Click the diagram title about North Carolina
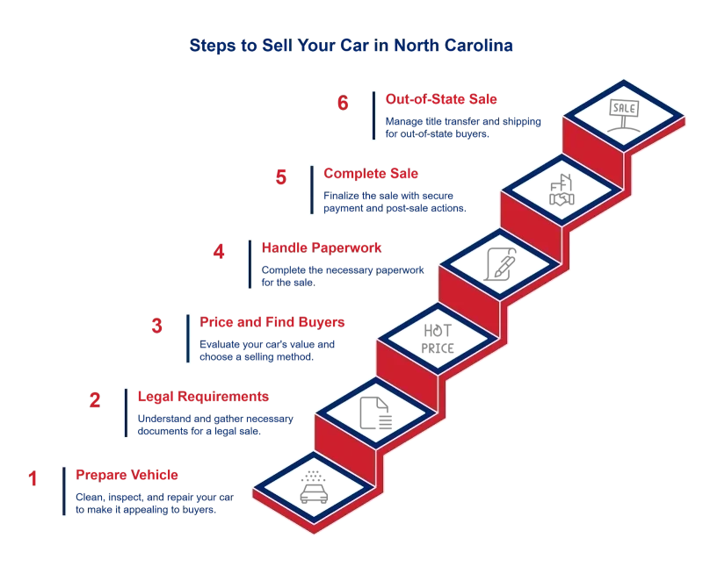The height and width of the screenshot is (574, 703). point(351,45)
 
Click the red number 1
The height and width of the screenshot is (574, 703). point(34,478)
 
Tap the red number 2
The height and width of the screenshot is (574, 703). point(96,401)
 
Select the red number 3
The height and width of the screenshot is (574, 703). point(157,326)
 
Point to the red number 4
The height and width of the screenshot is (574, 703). point(219,252)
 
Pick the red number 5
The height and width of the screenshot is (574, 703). point(281,177)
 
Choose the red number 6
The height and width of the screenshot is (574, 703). point(344,103)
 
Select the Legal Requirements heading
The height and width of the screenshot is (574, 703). point(202,398)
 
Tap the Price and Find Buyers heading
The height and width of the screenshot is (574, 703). point(274,322)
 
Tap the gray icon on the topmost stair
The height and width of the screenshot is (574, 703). point(622,111)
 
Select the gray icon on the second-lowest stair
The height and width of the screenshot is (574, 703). point(373,411)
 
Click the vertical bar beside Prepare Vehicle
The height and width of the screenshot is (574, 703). point(62,491)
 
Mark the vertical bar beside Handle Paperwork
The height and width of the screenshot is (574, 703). point(250,264)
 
